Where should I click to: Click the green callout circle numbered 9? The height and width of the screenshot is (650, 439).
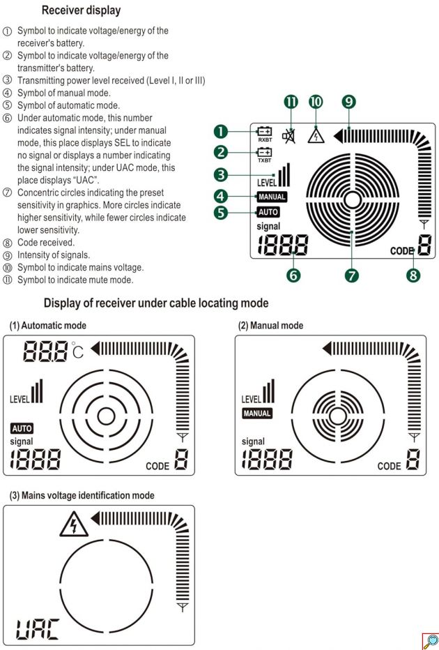(x=348, y=102)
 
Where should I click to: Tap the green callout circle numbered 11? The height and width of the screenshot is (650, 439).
(x=291, y=102)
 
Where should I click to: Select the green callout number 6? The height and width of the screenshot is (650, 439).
(x=293, y=275)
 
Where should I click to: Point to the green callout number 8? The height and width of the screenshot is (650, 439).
(x=413, y=275)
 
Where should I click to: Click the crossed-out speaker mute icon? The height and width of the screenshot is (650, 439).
(x=288, y=135)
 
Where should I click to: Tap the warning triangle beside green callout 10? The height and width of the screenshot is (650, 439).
(x=316, y=135)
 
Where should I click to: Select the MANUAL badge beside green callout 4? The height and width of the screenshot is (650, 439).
(x=272, y=197)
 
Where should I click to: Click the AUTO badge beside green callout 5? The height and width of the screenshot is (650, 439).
(x=268, y=212)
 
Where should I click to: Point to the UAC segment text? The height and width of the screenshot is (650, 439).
(x=38, y=629)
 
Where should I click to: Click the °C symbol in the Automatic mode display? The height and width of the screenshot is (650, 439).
(x=77, y=350)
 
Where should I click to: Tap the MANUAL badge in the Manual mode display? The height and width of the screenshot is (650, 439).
(x=256, y=414)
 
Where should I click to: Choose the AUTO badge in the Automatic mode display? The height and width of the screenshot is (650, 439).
(x=22, y=428)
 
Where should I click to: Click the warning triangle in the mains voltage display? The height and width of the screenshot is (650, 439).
(x=74, y=524)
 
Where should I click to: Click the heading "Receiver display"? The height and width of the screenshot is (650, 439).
(x=81, y=10)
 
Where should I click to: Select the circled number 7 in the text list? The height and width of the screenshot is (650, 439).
(x=8, y=192)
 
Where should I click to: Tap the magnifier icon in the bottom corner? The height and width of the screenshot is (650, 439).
(x=431, y=642)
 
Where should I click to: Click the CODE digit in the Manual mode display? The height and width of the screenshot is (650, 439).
(x=413, y=460)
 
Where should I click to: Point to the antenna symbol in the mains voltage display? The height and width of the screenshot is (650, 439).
(x=183, y=607)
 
